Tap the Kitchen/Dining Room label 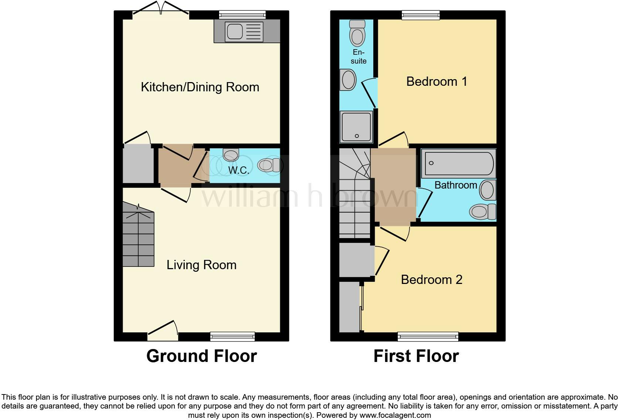(200, 87)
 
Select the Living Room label (201, 265)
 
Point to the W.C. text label (238, 170)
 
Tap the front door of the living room (163, 333)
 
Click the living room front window (232, 336)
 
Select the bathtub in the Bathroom (458, 163)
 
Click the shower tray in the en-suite (356, 127)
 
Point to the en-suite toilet (357, 33)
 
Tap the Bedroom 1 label (437, 81)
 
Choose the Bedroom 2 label (431, 280)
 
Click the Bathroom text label (455, 185)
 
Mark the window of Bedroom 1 (421, 15)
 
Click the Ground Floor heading (201, 356)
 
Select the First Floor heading (416, 356)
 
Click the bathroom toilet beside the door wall (482, 211)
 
